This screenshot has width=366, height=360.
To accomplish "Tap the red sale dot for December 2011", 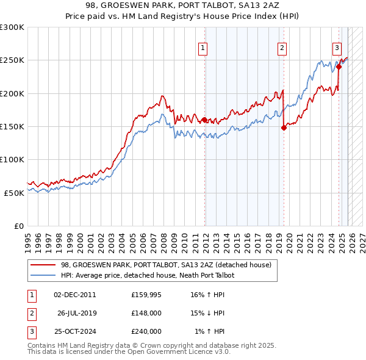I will tap(204, 120).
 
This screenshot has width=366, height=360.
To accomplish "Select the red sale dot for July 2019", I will tap(284, 128).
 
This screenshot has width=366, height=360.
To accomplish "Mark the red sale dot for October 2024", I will tap(339, 67).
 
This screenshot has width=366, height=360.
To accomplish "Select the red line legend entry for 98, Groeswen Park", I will tap(161, 265).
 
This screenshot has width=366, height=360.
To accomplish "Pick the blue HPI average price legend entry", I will tap(147, 275).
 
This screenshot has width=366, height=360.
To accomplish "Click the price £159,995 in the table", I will tap(146, 295).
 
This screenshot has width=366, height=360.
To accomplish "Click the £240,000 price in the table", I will tap(146, 331).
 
